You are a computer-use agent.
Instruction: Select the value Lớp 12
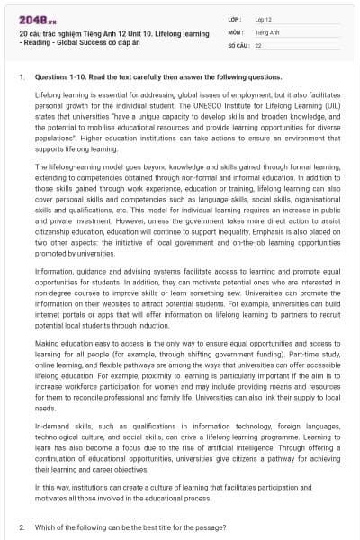(x=263, y=19)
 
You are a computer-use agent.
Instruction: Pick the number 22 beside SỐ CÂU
(x=258, y=44)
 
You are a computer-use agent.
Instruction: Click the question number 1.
(x=21, y=77)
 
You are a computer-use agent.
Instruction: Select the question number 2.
(x=21, y=526)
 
